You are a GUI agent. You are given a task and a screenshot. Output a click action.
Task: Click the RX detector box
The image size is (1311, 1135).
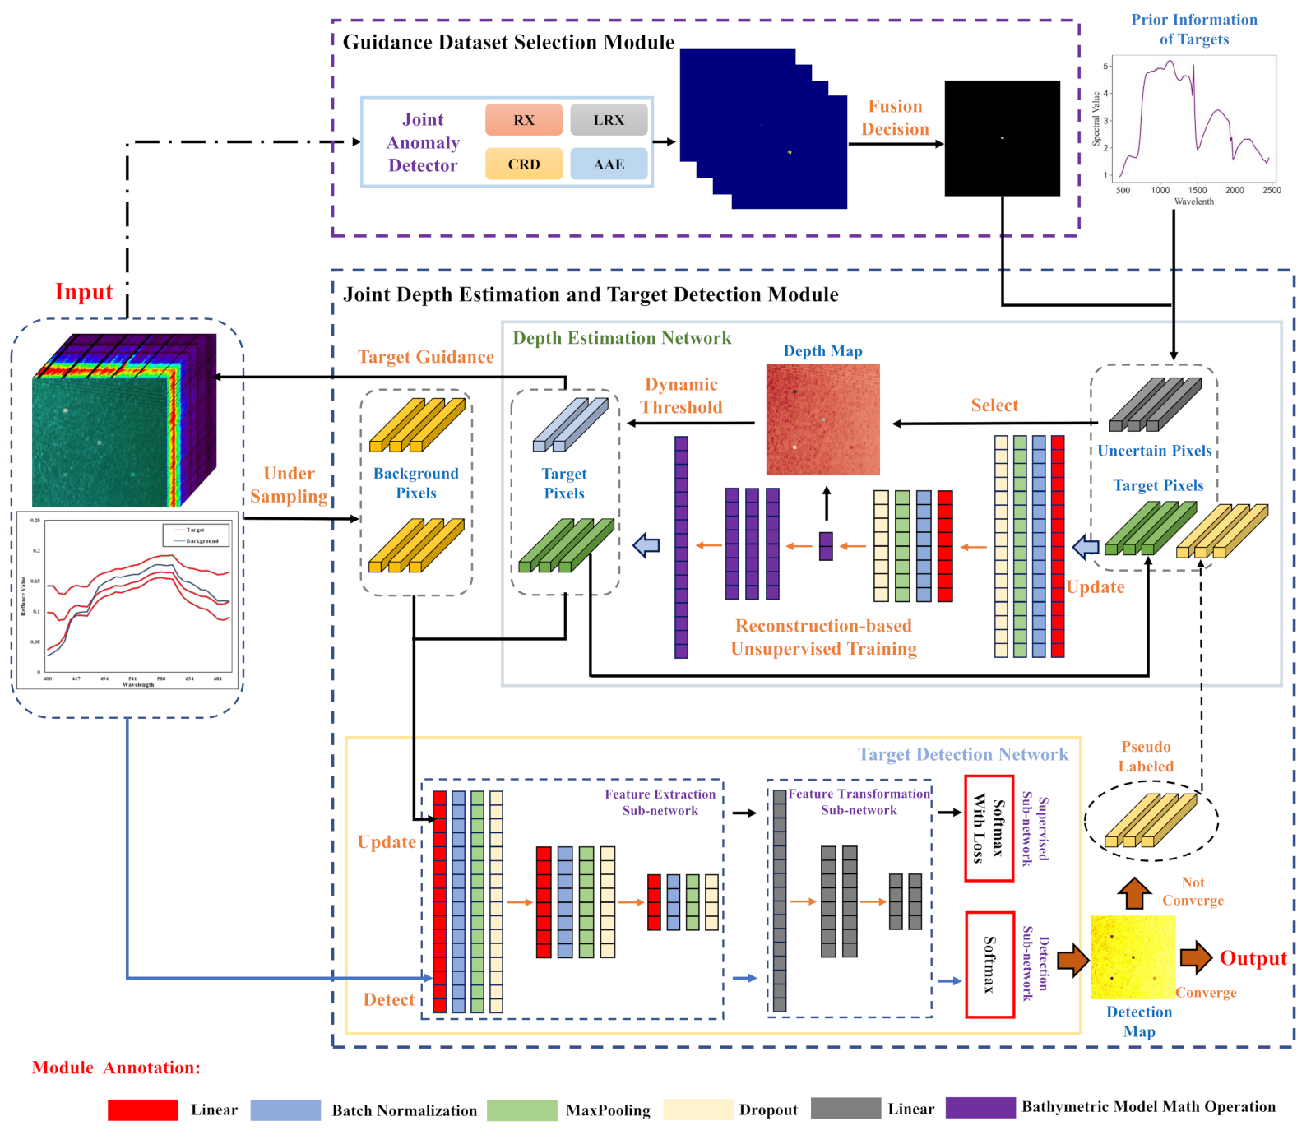point(524,120)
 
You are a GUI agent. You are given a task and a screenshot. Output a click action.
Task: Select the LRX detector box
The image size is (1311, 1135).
point(609,120)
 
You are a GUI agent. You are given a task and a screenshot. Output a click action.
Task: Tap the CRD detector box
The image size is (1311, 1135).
point(524,164)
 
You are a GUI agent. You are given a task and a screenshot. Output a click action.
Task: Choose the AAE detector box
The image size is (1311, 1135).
point(609,164)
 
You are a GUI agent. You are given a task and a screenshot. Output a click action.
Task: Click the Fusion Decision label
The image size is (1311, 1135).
point(895,118)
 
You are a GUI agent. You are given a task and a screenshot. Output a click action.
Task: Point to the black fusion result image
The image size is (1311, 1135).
point(1002,138)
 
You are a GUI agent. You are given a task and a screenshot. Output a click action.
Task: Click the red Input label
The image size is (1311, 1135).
point(84,292)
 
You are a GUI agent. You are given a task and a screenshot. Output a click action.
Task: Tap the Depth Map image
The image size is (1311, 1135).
point(822,419)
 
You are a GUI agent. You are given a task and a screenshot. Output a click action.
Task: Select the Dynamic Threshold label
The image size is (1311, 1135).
point(681,396)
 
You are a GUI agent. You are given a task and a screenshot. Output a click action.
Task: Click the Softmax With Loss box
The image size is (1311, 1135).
point(989,828)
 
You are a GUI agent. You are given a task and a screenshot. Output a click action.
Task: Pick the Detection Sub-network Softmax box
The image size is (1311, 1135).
point(989,964)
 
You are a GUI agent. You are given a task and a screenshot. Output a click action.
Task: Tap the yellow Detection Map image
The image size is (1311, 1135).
point(1133,957)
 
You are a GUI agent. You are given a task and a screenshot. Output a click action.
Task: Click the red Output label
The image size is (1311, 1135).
point(1253,958)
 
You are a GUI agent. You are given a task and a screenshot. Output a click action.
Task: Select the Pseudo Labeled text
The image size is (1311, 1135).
point(1146,756)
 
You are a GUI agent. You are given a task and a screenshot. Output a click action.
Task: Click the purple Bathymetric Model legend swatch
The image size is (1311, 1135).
point(980,1108)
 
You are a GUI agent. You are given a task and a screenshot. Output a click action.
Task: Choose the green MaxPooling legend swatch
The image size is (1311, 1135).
point(521,1110)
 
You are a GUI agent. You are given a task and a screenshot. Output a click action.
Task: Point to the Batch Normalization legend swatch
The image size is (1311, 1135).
point(285,1110)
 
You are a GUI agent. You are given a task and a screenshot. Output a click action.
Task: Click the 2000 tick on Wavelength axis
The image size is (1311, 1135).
point(1235,190)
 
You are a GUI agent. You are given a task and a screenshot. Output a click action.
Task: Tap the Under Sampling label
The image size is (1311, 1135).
point(289,484)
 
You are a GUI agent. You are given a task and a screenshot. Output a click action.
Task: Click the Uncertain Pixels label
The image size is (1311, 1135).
point(1154,451)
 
